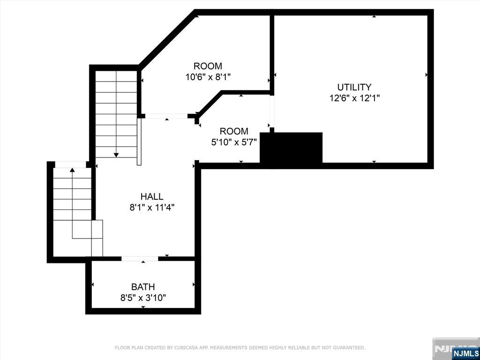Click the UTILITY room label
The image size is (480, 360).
click(x=354, y=87)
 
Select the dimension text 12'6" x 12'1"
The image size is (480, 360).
click(x=354, y=98)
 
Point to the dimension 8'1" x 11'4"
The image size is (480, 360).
click(x=152, y=208)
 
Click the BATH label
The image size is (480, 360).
click(x=143, y=287)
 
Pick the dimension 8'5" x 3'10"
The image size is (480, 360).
click(x=143, y=298)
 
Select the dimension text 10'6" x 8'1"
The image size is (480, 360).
click(x=208, y=76)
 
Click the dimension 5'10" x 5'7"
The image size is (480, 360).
click(x=234, y=142)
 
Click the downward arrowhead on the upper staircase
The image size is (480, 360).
click(x=116, y=155)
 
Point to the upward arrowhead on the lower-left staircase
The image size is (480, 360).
click(x=72, y=169)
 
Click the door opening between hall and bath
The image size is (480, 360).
click(x=140, y=259)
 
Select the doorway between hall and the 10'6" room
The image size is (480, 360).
click(x=166, y=116)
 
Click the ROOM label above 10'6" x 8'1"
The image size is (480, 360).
click(x=208, y=66)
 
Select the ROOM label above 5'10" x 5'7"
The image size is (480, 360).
click(x=234, y=131)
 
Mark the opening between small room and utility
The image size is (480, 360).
click(x=272, y=112)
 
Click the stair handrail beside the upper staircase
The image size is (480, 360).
click(x=139, y=142)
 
